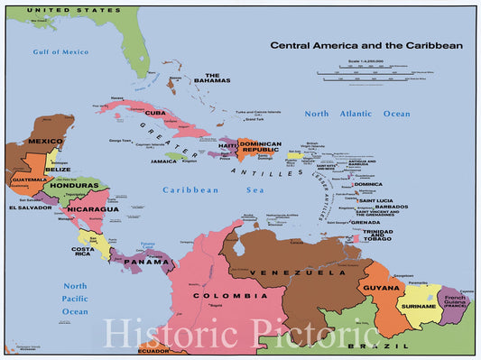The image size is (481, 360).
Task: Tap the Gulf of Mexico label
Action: pyautogui.click(x=60, y=51)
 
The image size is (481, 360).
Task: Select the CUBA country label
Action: pyautogui.click(x=155, y=113)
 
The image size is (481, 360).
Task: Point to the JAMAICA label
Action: pyautogui.click(x=163, y=161)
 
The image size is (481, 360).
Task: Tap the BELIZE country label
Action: pyautogui.click(x=58, y=169)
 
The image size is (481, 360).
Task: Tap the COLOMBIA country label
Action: pyautogui.click(x=237, y=295)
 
